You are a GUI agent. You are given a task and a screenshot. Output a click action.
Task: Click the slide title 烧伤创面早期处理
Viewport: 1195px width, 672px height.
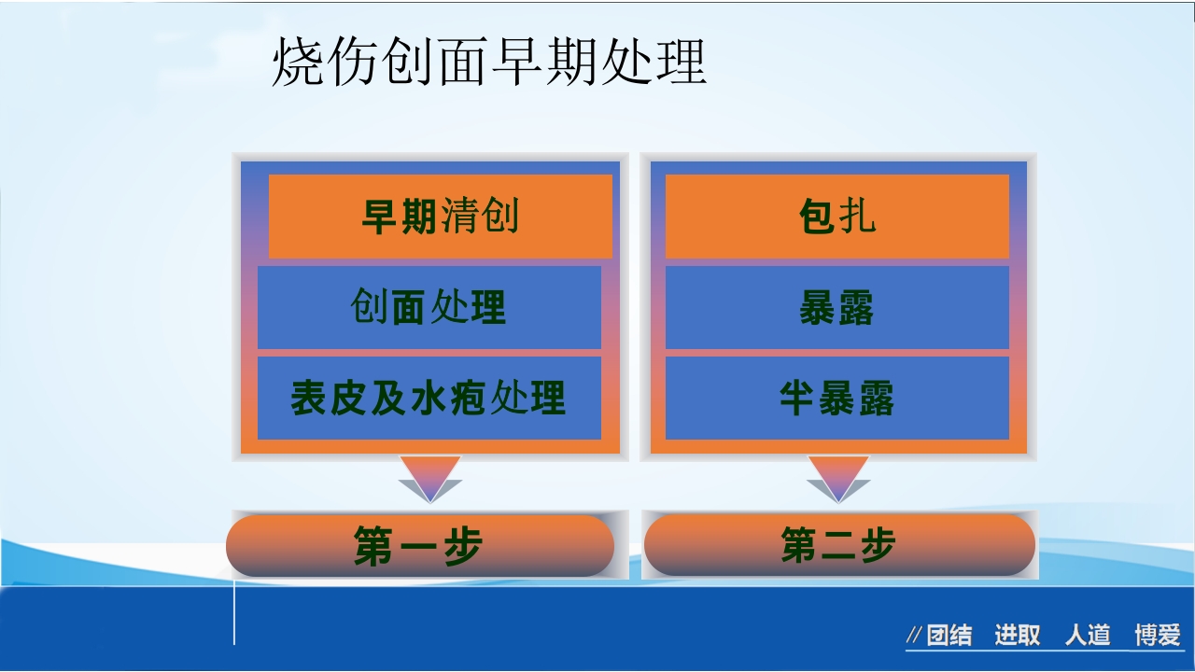[488, 63]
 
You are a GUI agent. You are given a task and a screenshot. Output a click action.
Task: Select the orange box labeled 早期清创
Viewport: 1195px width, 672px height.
[440, 217]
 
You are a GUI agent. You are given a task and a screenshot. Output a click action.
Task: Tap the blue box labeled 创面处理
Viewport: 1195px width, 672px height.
[429, 307]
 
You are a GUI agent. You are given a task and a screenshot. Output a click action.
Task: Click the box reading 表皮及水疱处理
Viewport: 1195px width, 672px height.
[429, 398]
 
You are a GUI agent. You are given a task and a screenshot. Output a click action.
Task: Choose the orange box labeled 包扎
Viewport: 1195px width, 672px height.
[836, 217]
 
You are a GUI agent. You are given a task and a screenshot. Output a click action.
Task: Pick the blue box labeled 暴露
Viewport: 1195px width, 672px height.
[836, 307]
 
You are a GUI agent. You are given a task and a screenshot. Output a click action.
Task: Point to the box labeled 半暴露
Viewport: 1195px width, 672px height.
[836, 398]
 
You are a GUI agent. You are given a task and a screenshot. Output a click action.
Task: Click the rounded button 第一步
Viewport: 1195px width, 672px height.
[419, 546]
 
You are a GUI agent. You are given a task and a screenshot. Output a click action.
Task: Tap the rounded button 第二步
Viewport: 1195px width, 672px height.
[839, 545]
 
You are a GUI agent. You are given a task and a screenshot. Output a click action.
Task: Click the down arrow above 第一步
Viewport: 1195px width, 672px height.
[429, 478]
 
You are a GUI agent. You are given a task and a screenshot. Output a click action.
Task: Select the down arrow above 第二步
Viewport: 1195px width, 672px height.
[838, 478]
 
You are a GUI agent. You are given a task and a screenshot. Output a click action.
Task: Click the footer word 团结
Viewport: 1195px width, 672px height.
[949, 637]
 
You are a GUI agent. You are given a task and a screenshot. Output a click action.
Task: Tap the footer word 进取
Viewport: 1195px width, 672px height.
[1017, 637]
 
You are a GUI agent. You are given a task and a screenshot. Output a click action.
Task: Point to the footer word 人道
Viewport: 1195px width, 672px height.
[1088, 637]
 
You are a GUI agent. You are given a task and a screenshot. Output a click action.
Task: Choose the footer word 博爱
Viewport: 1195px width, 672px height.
[1158, 637]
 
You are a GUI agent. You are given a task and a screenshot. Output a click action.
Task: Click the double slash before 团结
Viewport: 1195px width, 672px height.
[914, 637]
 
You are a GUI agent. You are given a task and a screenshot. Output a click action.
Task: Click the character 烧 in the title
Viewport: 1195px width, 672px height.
[298, 63]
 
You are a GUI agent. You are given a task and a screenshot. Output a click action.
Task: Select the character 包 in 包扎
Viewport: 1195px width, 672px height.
[816, 217]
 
